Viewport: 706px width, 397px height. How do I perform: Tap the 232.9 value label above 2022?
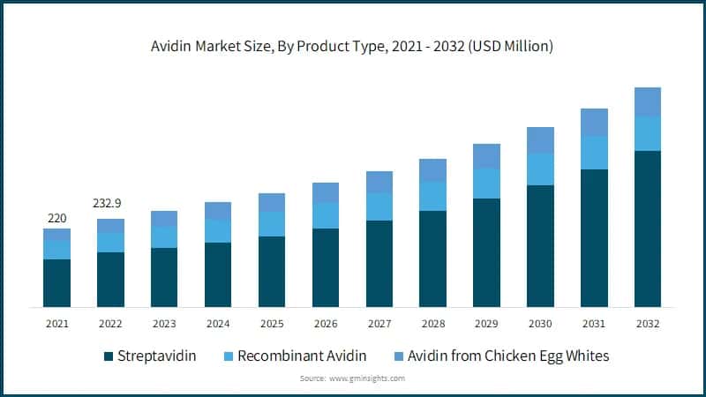coord(110,203)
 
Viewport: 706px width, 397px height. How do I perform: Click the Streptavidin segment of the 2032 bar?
coord(647,228)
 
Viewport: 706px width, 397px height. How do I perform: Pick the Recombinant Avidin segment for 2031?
coord(593,153)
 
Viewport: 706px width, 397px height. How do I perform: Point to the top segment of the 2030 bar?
coord(540,140)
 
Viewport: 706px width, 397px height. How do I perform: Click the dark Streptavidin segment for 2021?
coord(56,282)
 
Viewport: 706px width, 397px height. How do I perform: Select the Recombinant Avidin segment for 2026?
coord(325,215)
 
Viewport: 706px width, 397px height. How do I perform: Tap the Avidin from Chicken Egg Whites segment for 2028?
coord(432,170)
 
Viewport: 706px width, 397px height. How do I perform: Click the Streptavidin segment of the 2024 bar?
coord(218,274)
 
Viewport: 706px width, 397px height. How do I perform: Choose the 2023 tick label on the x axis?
coord(164,324)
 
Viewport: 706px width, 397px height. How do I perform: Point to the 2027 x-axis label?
coord(379,324)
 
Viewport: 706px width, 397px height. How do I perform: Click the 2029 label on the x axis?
coord(486,324)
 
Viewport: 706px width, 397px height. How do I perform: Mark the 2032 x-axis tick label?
coord(647,324)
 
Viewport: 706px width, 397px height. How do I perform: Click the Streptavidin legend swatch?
coord(109,356)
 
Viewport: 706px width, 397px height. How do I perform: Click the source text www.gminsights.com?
coord(366,378)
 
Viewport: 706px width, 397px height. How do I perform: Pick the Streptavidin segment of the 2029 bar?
coord(486,252)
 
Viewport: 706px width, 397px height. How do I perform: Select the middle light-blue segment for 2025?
coord(272,224)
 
